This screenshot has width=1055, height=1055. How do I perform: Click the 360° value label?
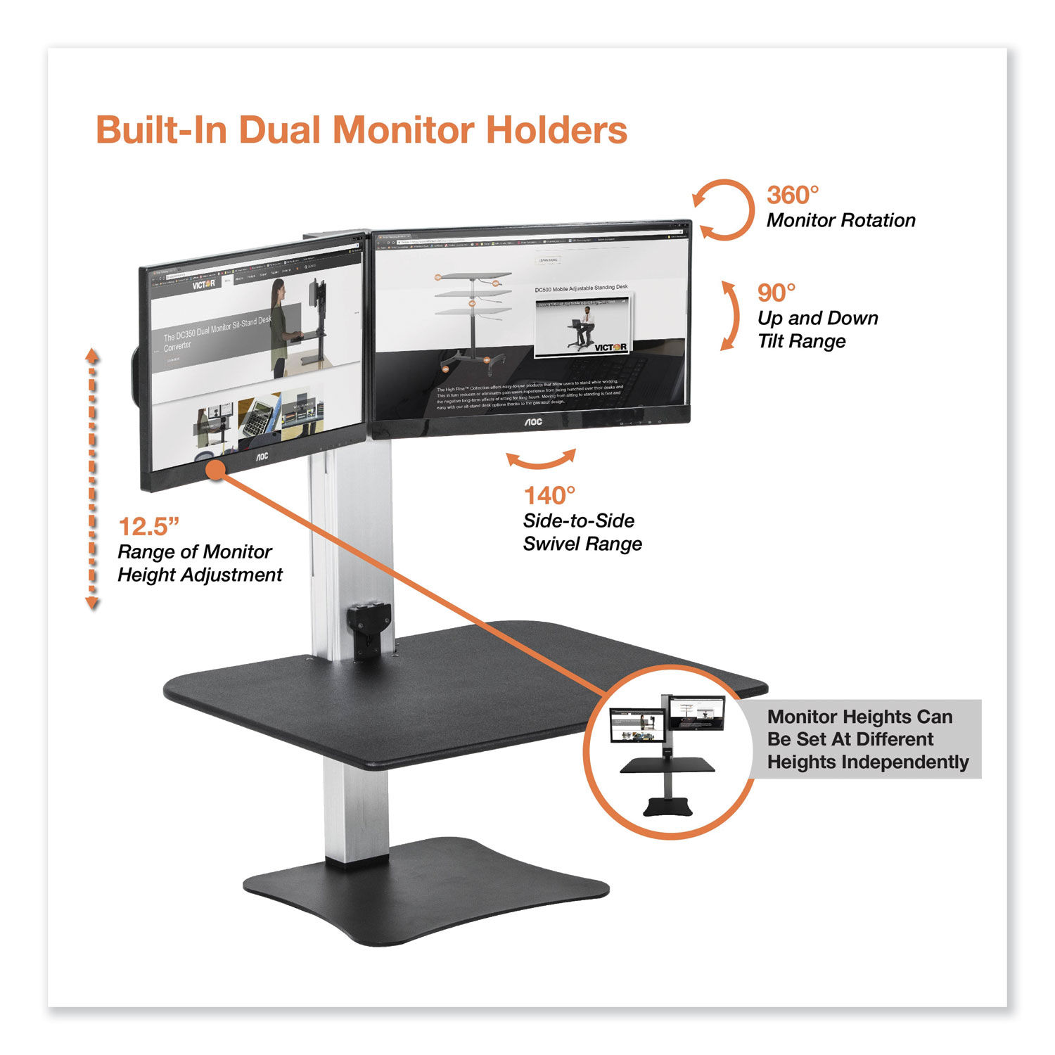pyautogui.click(x=793, y=195)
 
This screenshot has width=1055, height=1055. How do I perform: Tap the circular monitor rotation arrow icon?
pyautogui.click(x=724, y=210)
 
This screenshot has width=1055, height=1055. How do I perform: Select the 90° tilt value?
pyautogui.click(x=776, y=293)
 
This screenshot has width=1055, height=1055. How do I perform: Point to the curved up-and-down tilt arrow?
pyautogui.click(x=731, y=316)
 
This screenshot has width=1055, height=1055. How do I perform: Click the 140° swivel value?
pyautogui.click(x=549, y=496)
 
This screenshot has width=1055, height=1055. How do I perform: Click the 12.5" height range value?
pyautogui.click(x=149, y=526)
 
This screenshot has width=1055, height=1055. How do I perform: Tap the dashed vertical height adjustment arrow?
pyautogui.click(x=92, y=478)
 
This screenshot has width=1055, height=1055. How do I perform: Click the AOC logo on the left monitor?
pyautogui.click(x=261, y=456)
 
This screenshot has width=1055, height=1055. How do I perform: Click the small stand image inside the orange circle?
pyautogui.click(x=667, y=753)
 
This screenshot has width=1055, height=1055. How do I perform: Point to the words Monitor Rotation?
pyautogui.click(x=840, y=221)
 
